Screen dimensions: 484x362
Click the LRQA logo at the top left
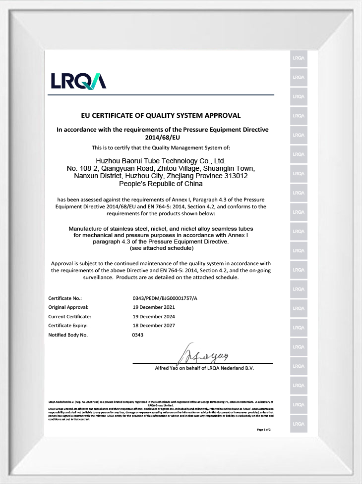(78, 80)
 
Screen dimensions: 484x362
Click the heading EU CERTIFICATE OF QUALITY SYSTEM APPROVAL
(161, 115)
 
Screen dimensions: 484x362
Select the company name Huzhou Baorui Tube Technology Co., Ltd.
(160, 161)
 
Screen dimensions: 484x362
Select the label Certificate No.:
(65, 298)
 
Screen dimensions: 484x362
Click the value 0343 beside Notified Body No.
(137, 335)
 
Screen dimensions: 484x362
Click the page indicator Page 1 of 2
(264, 430)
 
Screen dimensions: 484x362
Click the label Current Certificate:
(70, 316)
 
